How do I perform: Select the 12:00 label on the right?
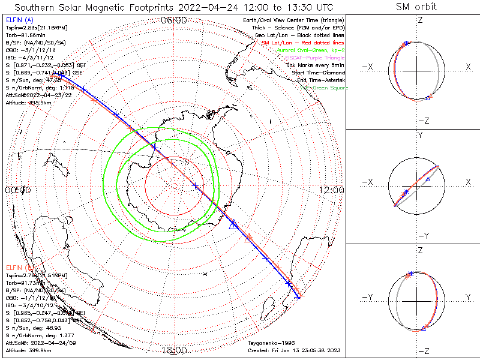tap(332, 190)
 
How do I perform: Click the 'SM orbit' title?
tap(416, 7)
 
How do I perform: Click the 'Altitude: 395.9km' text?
tap(30, 102)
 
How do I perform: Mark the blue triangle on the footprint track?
tap(233, 224)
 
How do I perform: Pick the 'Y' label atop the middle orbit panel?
tap(419, 136)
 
